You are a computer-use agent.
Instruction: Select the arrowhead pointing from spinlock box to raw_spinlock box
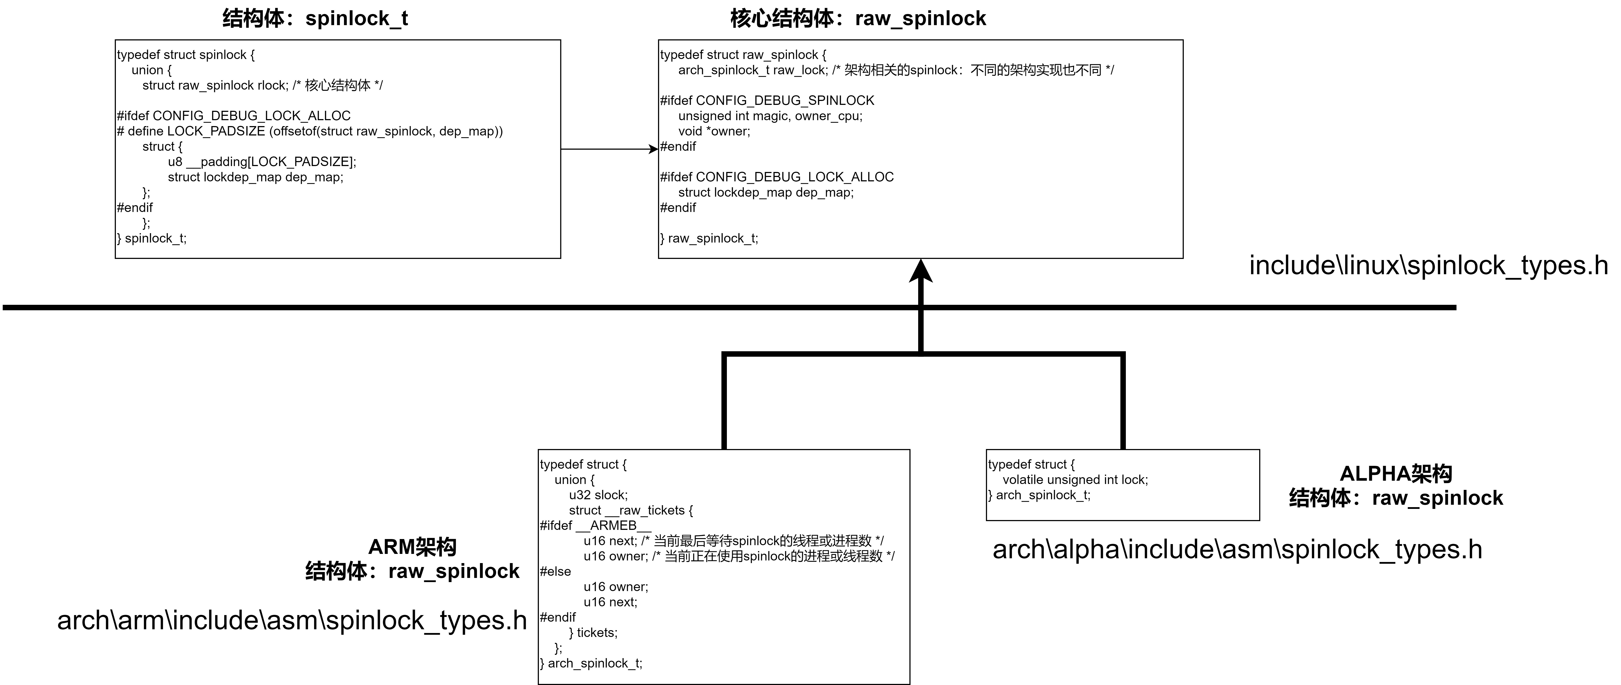(x=653, y=149)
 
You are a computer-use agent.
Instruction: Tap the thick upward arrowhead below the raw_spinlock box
(x=921, y=272)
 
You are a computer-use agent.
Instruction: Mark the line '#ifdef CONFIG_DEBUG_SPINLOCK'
(x=767, y=101)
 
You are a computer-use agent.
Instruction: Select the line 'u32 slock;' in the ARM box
(x=598, y=495)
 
